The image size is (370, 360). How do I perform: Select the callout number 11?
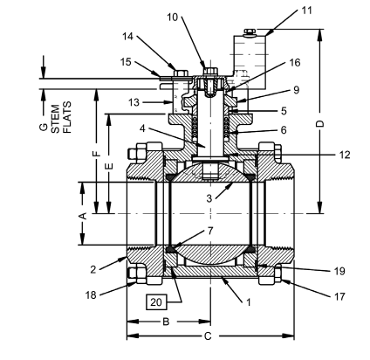pos(281,10)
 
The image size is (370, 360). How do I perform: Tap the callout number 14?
pos(129,38)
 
